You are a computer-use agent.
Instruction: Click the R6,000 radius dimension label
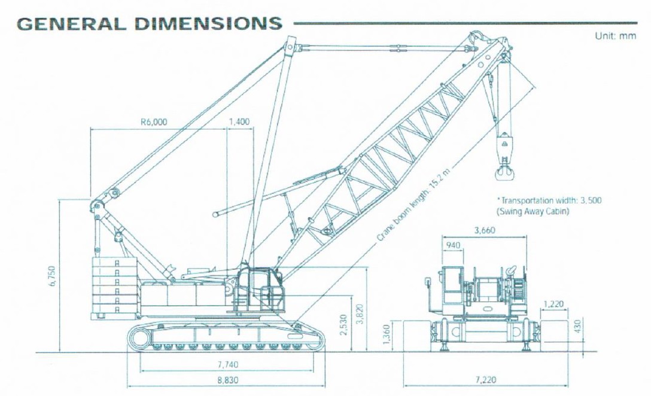click(154, 122)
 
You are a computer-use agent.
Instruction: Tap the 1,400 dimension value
click(239, 121)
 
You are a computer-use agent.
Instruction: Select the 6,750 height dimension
click(52, 276)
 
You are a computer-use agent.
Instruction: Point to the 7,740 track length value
click(228, 365)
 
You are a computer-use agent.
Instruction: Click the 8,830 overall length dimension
click(228, 380)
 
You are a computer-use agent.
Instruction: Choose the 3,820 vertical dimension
click(360, 314)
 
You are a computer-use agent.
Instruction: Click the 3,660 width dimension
click(485, 230)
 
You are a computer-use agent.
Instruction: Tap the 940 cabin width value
click(453, 245)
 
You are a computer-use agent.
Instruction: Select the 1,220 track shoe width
click(553, 304)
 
